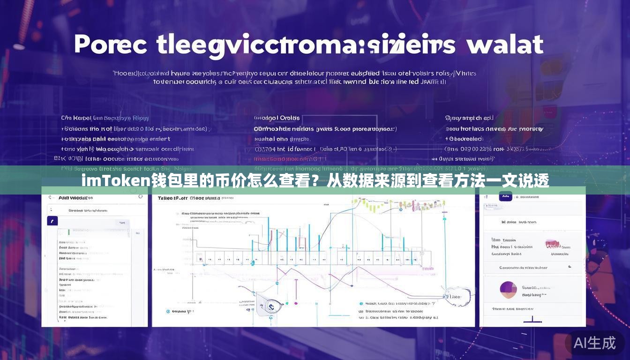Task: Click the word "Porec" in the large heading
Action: [111, 45]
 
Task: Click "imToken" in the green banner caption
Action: [115, 181]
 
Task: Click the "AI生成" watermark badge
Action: [594, 343]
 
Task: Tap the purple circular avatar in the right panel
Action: [508, 289]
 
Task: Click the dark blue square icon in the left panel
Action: [52, 221]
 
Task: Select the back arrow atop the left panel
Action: [50, 197]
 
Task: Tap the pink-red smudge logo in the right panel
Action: [553, 244]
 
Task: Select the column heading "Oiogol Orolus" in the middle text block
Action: [277, 118]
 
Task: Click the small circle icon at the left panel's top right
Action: [140, 197]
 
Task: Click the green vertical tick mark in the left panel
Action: [69, 231]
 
